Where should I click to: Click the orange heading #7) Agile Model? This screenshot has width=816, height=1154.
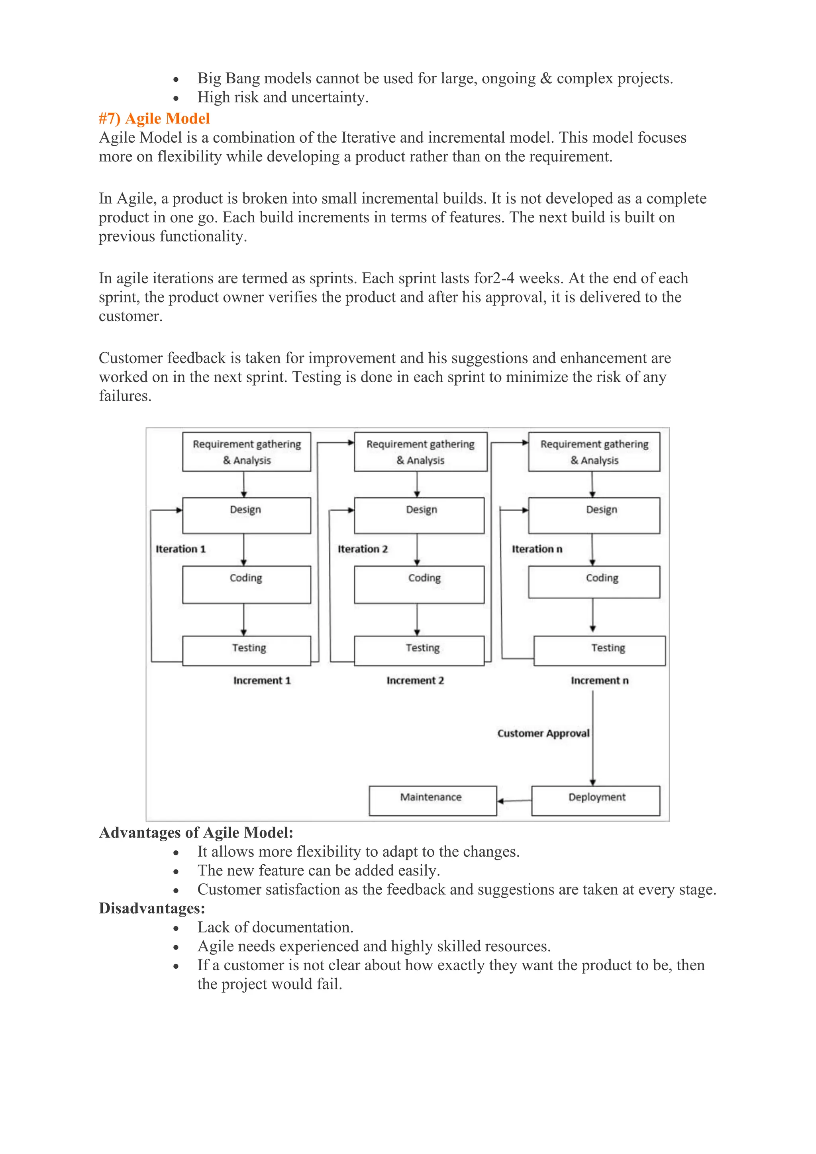(x=154, y=119)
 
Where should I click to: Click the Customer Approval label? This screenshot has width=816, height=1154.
(x=543, y=733)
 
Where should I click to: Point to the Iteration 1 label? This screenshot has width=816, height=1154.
(x=180, y=549)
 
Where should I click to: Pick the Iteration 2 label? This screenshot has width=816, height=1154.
(x=362, y=549)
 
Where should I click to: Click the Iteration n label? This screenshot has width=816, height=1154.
(x=537, y=549)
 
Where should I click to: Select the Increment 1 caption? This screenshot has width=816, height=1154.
(x=262, y=681)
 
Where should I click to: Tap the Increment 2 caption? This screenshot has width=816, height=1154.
(x=415, y=681)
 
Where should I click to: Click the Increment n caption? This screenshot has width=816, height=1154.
(x=599, y=681)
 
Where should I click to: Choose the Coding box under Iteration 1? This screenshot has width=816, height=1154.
(x=246, y=585)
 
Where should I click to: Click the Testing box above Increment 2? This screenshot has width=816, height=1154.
(x=419, y=650)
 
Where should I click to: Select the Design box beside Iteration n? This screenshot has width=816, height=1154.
(x=594, y=515)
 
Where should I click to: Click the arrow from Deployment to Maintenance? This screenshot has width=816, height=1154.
(x=514, y=801)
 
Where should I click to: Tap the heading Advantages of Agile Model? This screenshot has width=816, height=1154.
(x=196, y=833)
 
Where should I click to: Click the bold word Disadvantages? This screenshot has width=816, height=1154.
(x=152, y=908)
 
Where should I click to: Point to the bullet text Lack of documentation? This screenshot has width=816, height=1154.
(x=275, y=927)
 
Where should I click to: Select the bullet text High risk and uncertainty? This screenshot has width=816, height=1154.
(x=283, y=97)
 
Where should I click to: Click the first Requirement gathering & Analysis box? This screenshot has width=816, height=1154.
(x=246, y=452)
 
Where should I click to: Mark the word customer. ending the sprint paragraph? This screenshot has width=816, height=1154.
(x=131, y=316)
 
